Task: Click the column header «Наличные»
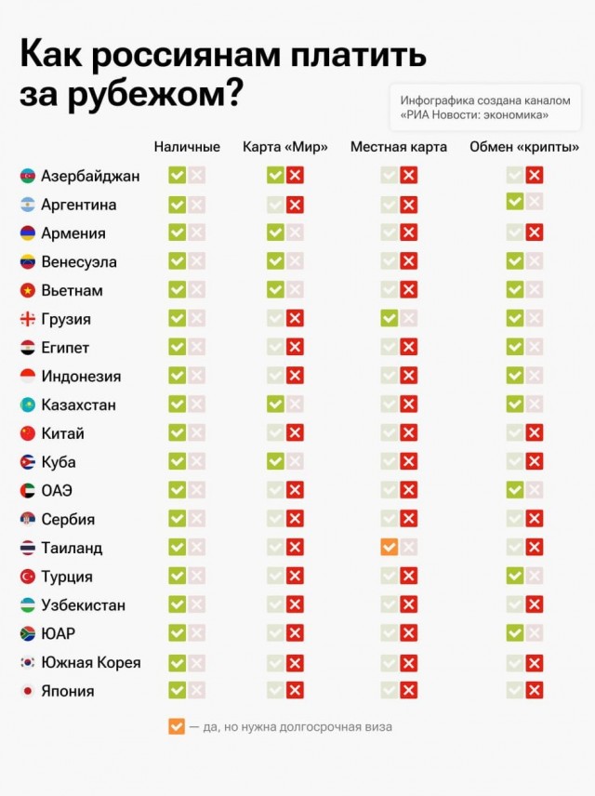coord(187,147)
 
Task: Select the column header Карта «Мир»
coord(284,147)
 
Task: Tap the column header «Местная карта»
coord(398,147)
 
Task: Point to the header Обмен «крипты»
coord(524,147)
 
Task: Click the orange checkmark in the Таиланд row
coord(389,548)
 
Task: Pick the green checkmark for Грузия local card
coord(389,319)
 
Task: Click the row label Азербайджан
coord(90,176)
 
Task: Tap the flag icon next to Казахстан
coord(28,405)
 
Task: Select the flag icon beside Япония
coord(28,692)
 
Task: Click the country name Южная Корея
coord(91,663)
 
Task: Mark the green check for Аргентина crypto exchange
coord(515,201)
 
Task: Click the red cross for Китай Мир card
coord(295,433)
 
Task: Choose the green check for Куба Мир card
coord(275,462)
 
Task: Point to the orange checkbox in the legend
coord(177,726)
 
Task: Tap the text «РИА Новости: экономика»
coord(474,115)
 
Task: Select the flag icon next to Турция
coord(28,577)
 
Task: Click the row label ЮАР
coord(58,634)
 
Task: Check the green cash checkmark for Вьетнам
coord(177,290)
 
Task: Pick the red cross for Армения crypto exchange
coord(535,232)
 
